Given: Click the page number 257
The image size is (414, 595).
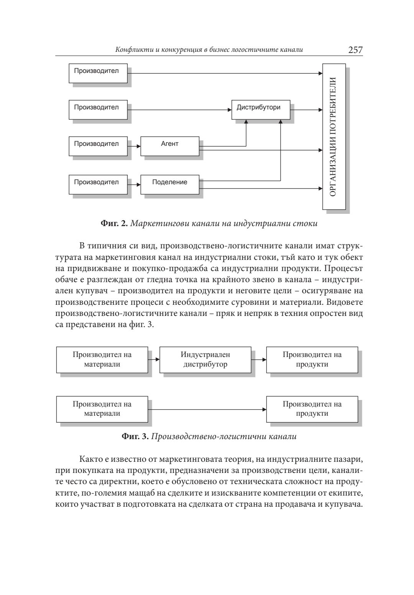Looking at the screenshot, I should coord(355,50).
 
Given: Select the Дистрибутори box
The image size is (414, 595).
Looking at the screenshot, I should coord(261,109).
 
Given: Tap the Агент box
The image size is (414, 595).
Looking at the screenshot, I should coord(170,146).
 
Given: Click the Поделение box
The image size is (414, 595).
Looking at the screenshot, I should coord(170,184).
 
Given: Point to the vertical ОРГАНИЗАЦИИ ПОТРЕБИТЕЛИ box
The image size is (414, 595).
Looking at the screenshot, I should coord(334,137).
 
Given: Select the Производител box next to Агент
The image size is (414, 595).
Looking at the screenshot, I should coord(98,146).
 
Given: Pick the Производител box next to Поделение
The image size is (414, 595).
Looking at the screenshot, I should coord(98,184).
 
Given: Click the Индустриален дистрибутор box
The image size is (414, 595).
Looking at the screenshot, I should coord(205,360).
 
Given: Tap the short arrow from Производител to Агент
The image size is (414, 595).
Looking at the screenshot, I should coord(134,146).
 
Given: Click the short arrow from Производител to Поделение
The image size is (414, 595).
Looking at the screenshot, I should coord(134,185).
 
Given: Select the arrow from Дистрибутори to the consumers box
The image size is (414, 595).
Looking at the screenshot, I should coord(306,110).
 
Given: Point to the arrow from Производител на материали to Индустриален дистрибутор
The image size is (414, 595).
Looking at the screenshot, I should coord(154,360).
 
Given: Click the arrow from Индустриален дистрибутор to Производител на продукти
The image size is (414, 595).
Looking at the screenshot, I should coord(259,360).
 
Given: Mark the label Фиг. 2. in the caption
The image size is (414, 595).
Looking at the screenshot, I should coord(114,223).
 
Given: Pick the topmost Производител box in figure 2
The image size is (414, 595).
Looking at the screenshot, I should coord(98,73).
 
